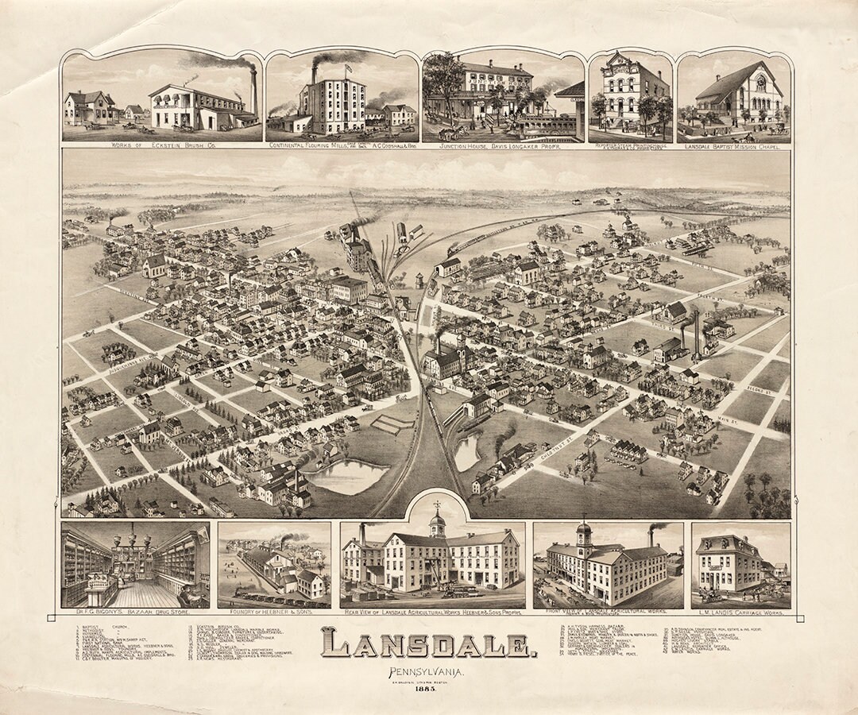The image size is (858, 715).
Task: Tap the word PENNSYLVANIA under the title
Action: [x=426, y=674]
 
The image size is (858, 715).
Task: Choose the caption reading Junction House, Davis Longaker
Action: [x=500, y=146]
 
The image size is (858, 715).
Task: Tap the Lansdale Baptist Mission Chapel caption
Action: [x=733, y=146]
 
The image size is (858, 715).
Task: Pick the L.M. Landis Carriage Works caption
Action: [x=740, y=614]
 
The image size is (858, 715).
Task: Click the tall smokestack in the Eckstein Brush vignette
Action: [x=253, y=91]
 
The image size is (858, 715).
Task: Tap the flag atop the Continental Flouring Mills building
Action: [x=347, y=69]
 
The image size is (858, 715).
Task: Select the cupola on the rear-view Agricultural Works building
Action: [x=438, y=523]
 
